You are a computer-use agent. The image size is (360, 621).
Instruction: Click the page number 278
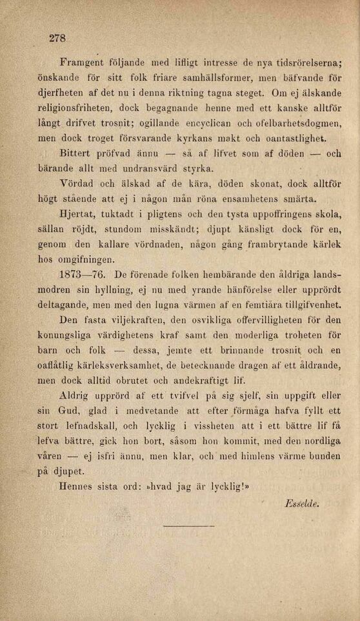coord(58,39)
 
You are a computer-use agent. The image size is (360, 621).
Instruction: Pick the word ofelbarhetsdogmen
coord(299,124)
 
